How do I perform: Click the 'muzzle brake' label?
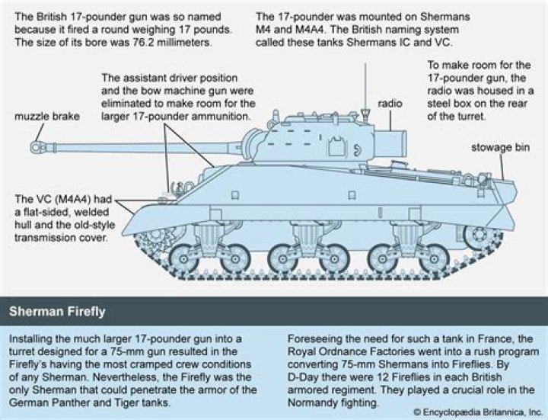pos(47,117)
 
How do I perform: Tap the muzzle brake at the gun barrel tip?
pos(39,142)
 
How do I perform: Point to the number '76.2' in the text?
pos(148,42)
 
